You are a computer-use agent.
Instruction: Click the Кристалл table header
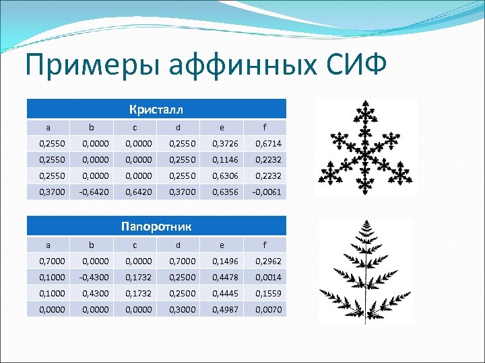(156, 110)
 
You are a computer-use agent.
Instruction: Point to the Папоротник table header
(156, 227)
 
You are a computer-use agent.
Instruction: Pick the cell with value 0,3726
(226, 144)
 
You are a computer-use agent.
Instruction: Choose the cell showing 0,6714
(267, 144)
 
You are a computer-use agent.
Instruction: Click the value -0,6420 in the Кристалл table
(95, 192)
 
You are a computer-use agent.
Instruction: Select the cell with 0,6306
(226, 176)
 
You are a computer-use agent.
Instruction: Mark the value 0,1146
(226, 160)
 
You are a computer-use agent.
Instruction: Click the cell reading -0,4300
(95, 278)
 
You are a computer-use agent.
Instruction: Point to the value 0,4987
(226, 310)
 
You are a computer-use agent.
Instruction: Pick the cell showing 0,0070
(267, 310)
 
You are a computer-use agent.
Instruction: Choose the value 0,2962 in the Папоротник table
(267, 261)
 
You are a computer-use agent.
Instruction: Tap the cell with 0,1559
(267, 294)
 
